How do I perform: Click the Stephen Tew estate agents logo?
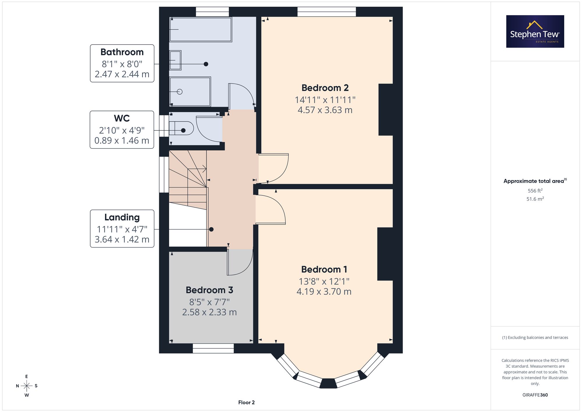tap(535, 31)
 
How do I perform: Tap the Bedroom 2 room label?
tap(325, 88)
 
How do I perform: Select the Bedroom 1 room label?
tap(324, 269)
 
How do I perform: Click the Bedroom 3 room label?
tap(210, 290)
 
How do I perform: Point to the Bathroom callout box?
tap(122, 63)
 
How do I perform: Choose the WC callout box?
tap(122, 130)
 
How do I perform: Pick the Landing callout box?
tap(122, 229)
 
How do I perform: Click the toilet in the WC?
tap(181, 128)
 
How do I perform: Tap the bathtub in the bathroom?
tap(200, 29)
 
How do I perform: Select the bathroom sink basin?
tap(175, 60)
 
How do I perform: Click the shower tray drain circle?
tap(180, 92)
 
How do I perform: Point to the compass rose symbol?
tap(26, 386)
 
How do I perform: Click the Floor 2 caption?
tap(246, 402)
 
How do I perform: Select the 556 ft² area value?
tap(535, 191)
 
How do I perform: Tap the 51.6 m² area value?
tap(535, 199)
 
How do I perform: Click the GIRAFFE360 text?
tap(535, 395)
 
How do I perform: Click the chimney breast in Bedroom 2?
tap(386, 110)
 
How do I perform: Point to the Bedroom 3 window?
tap(213, 348)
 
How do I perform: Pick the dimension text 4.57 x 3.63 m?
tap(325, 110)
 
